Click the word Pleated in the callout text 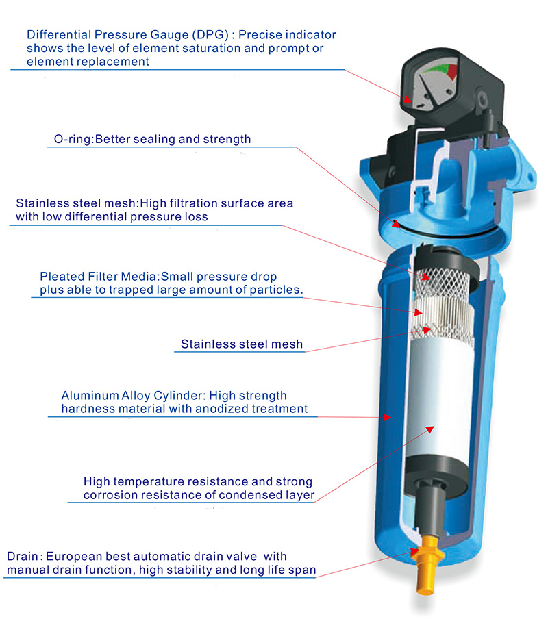[58, 277]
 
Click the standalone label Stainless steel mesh [242, 344]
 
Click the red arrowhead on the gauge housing [408, 99]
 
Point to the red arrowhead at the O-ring [396, 224]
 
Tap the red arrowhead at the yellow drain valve [414, 551]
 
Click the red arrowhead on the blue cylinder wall [388, 417]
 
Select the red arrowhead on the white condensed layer [430, 429]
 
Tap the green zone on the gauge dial [440, 67]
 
